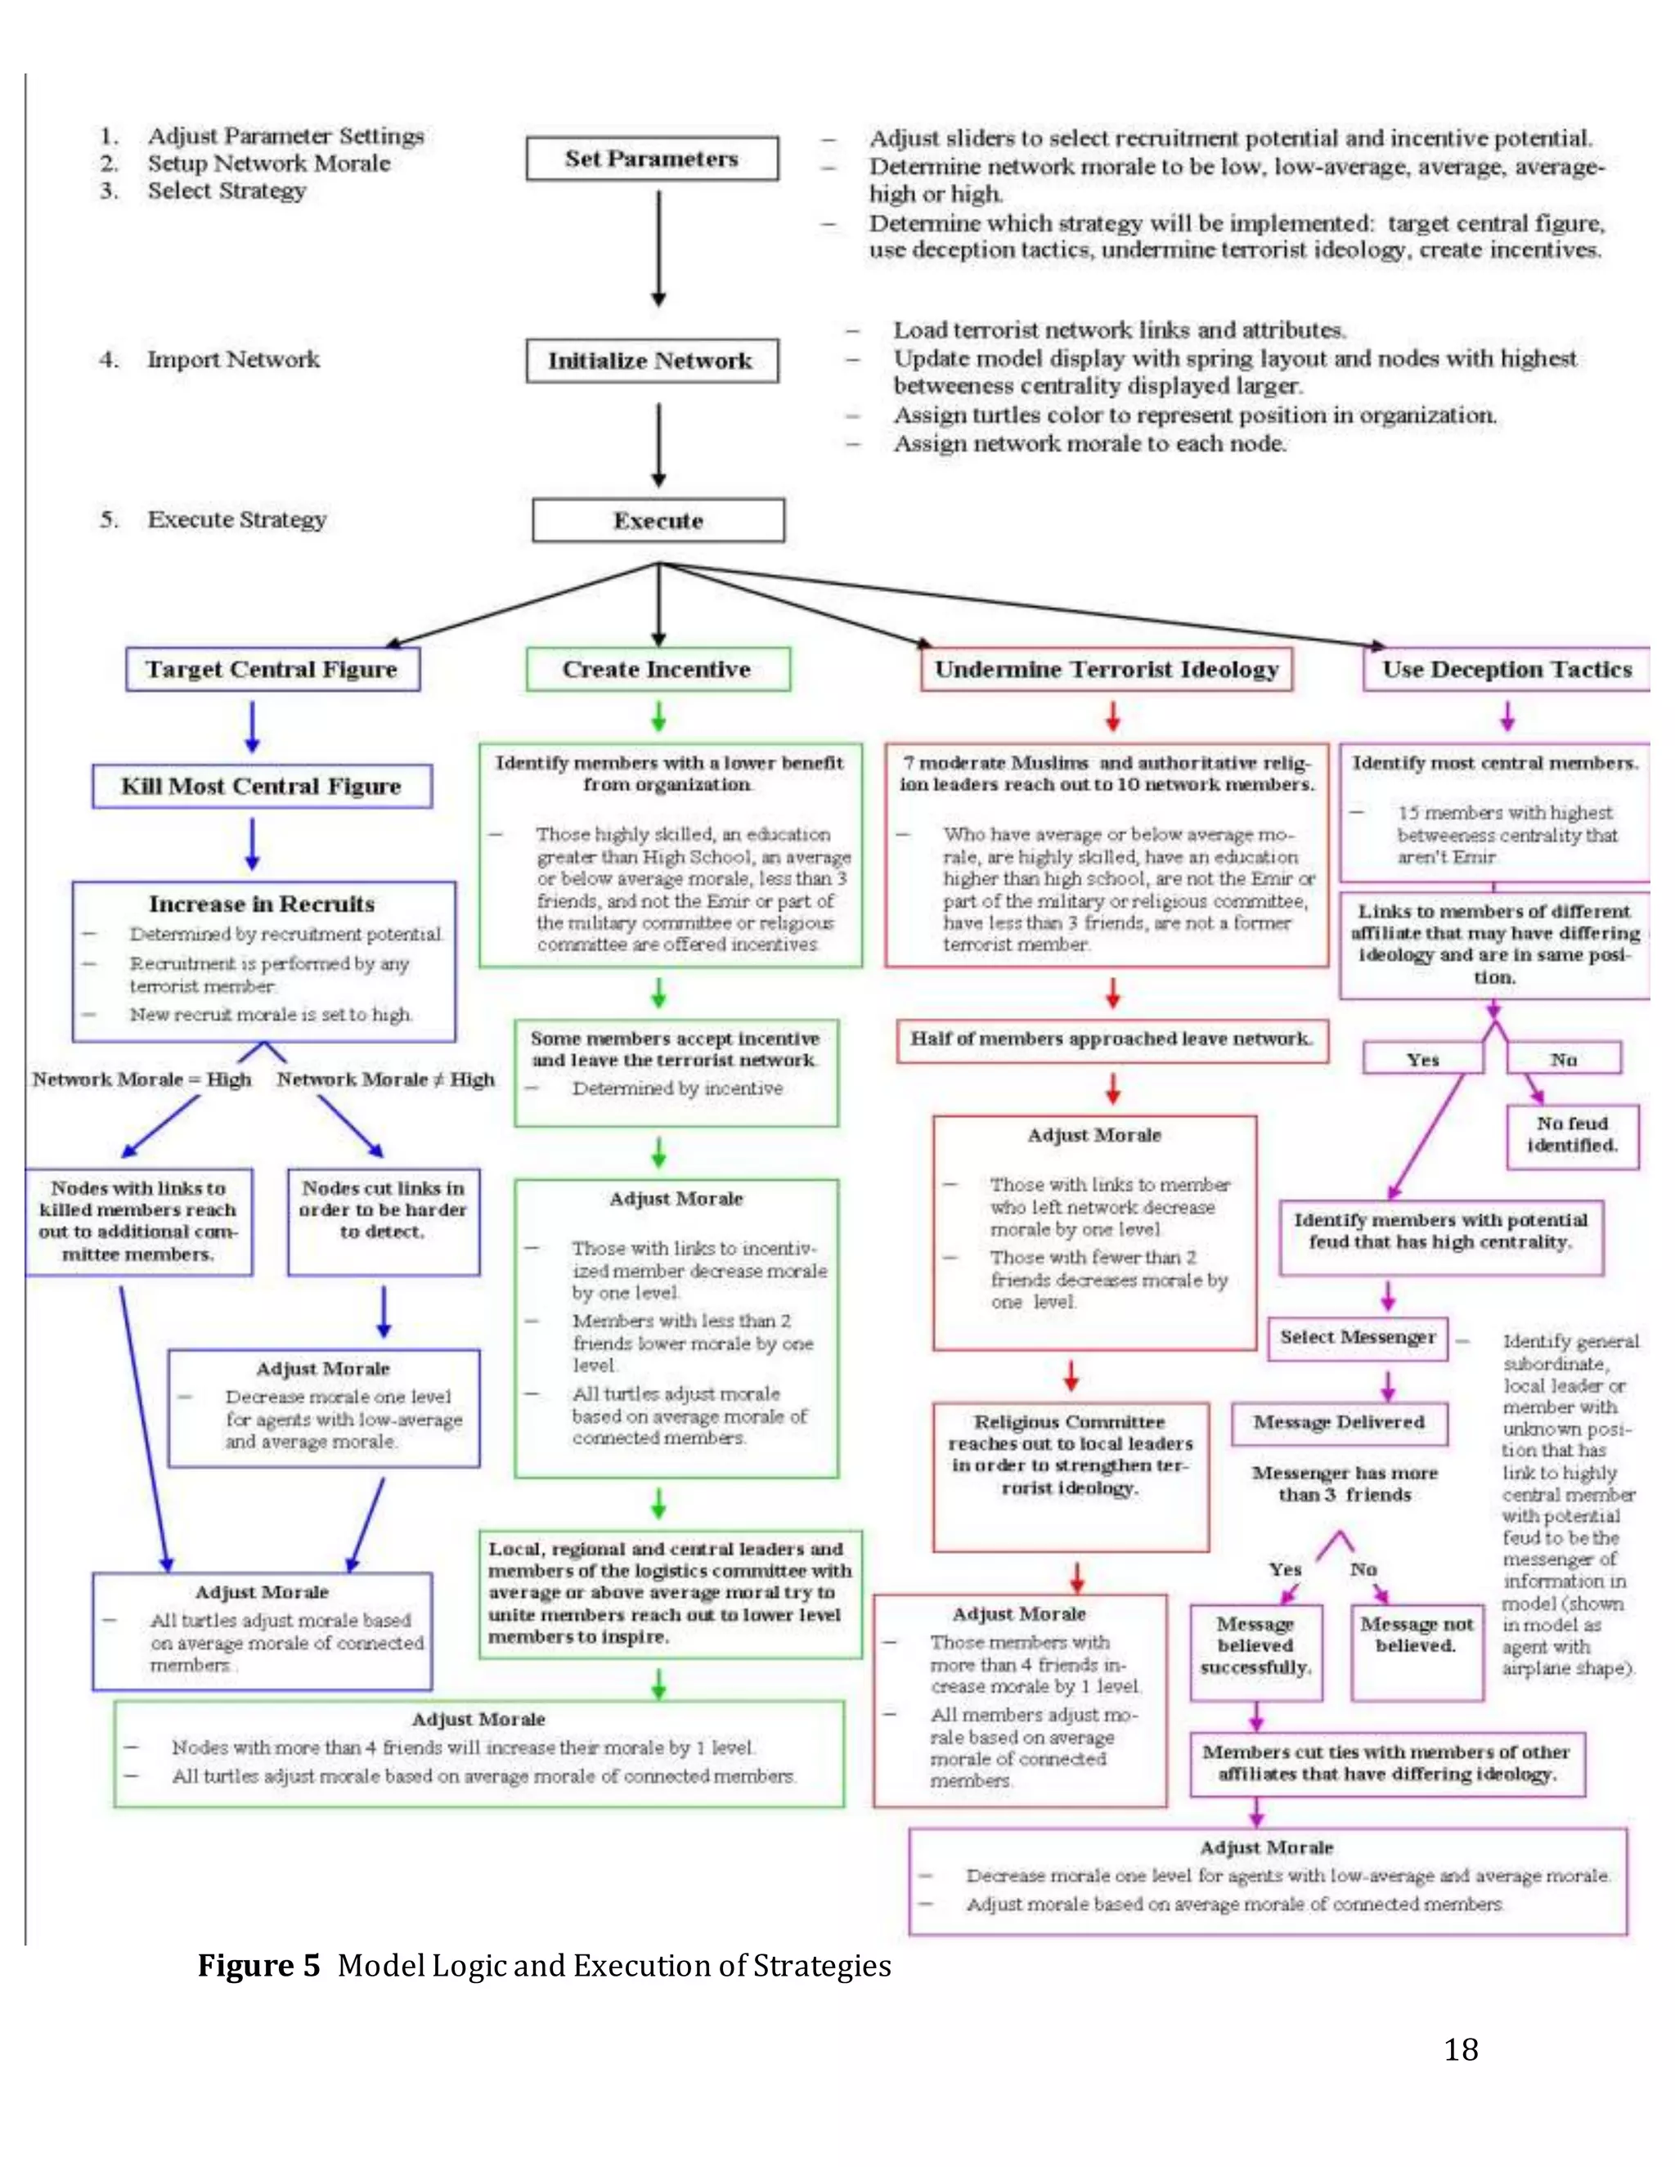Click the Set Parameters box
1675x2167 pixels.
tap(652, 159)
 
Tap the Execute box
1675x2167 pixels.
tap(658, 521)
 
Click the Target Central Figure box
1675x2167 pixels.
tap(272, 670)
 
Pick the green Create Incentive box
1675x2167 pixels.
tap(658, 670)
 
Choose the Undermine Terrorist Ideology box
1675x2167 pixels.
tap(1107, 670)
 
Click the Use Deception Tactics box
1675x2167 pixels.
tap(1507, 670)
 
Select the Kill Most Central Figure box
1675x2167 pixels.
tap(262, 787)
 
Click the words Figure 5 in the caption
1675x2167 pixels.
tap(258, 1966)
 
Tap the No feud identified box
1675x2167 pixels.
tap(1572, 1135)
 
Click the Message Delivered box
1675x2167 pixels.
tap(1339, 1423)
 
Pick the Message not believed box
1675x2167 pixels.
tap(1416, 1651)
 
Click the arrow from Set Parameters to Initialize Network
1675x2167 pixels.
tap(658, 248)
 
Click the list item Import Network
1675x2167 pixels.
tap(233, 360)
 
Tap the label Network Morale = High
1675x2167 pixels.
tap(141, 1079)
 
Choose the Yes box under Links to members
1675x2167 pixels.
tap(1422, 1060)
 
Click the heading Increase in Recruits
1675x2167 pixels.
tap(262, 904)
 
